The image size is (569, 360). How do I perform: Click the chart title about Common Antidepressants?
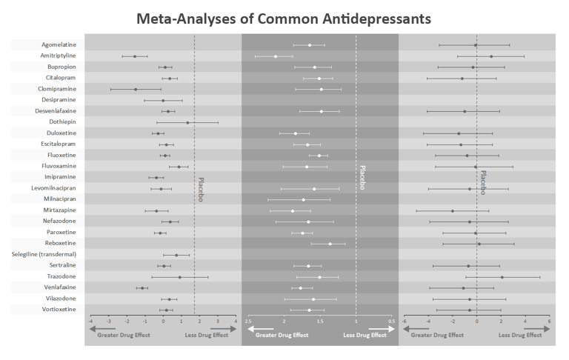[x=284, y=17]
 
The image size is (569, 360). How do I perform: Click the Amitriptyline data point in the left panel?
[x=135, y=56]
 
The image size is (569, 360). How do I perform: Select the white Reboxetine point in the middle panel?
[x=330, y=244]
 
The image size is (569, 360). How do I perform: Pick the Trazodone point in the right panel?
[x=502, y=277]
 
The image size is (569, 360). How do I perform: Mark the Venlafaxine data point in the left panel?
[x=142, y=287]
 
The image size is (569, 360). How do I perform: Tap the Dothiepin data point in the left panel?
[x=187, y=122]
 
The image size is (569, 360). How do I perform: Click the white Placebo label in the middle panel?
[x=362, y=178]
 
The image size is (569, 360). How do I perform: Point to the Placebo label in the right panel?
[x=483, y=184]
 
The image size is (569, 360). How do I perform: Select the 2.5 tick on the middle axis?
[x=248, y=321]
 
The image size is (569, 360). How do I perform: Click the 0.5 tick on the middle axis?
[x=391, y=321]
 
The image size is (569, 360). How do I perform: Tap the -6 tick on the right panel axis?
[x=405, y=321]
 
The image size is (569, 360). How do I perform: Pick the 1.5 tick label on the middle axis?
[x=320, y=321]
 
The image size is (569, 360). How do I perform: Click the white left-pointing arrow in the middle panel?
[x=260, y=329]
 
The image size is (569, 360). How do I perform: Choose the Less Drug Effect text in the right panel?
[x=519, y=335]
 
